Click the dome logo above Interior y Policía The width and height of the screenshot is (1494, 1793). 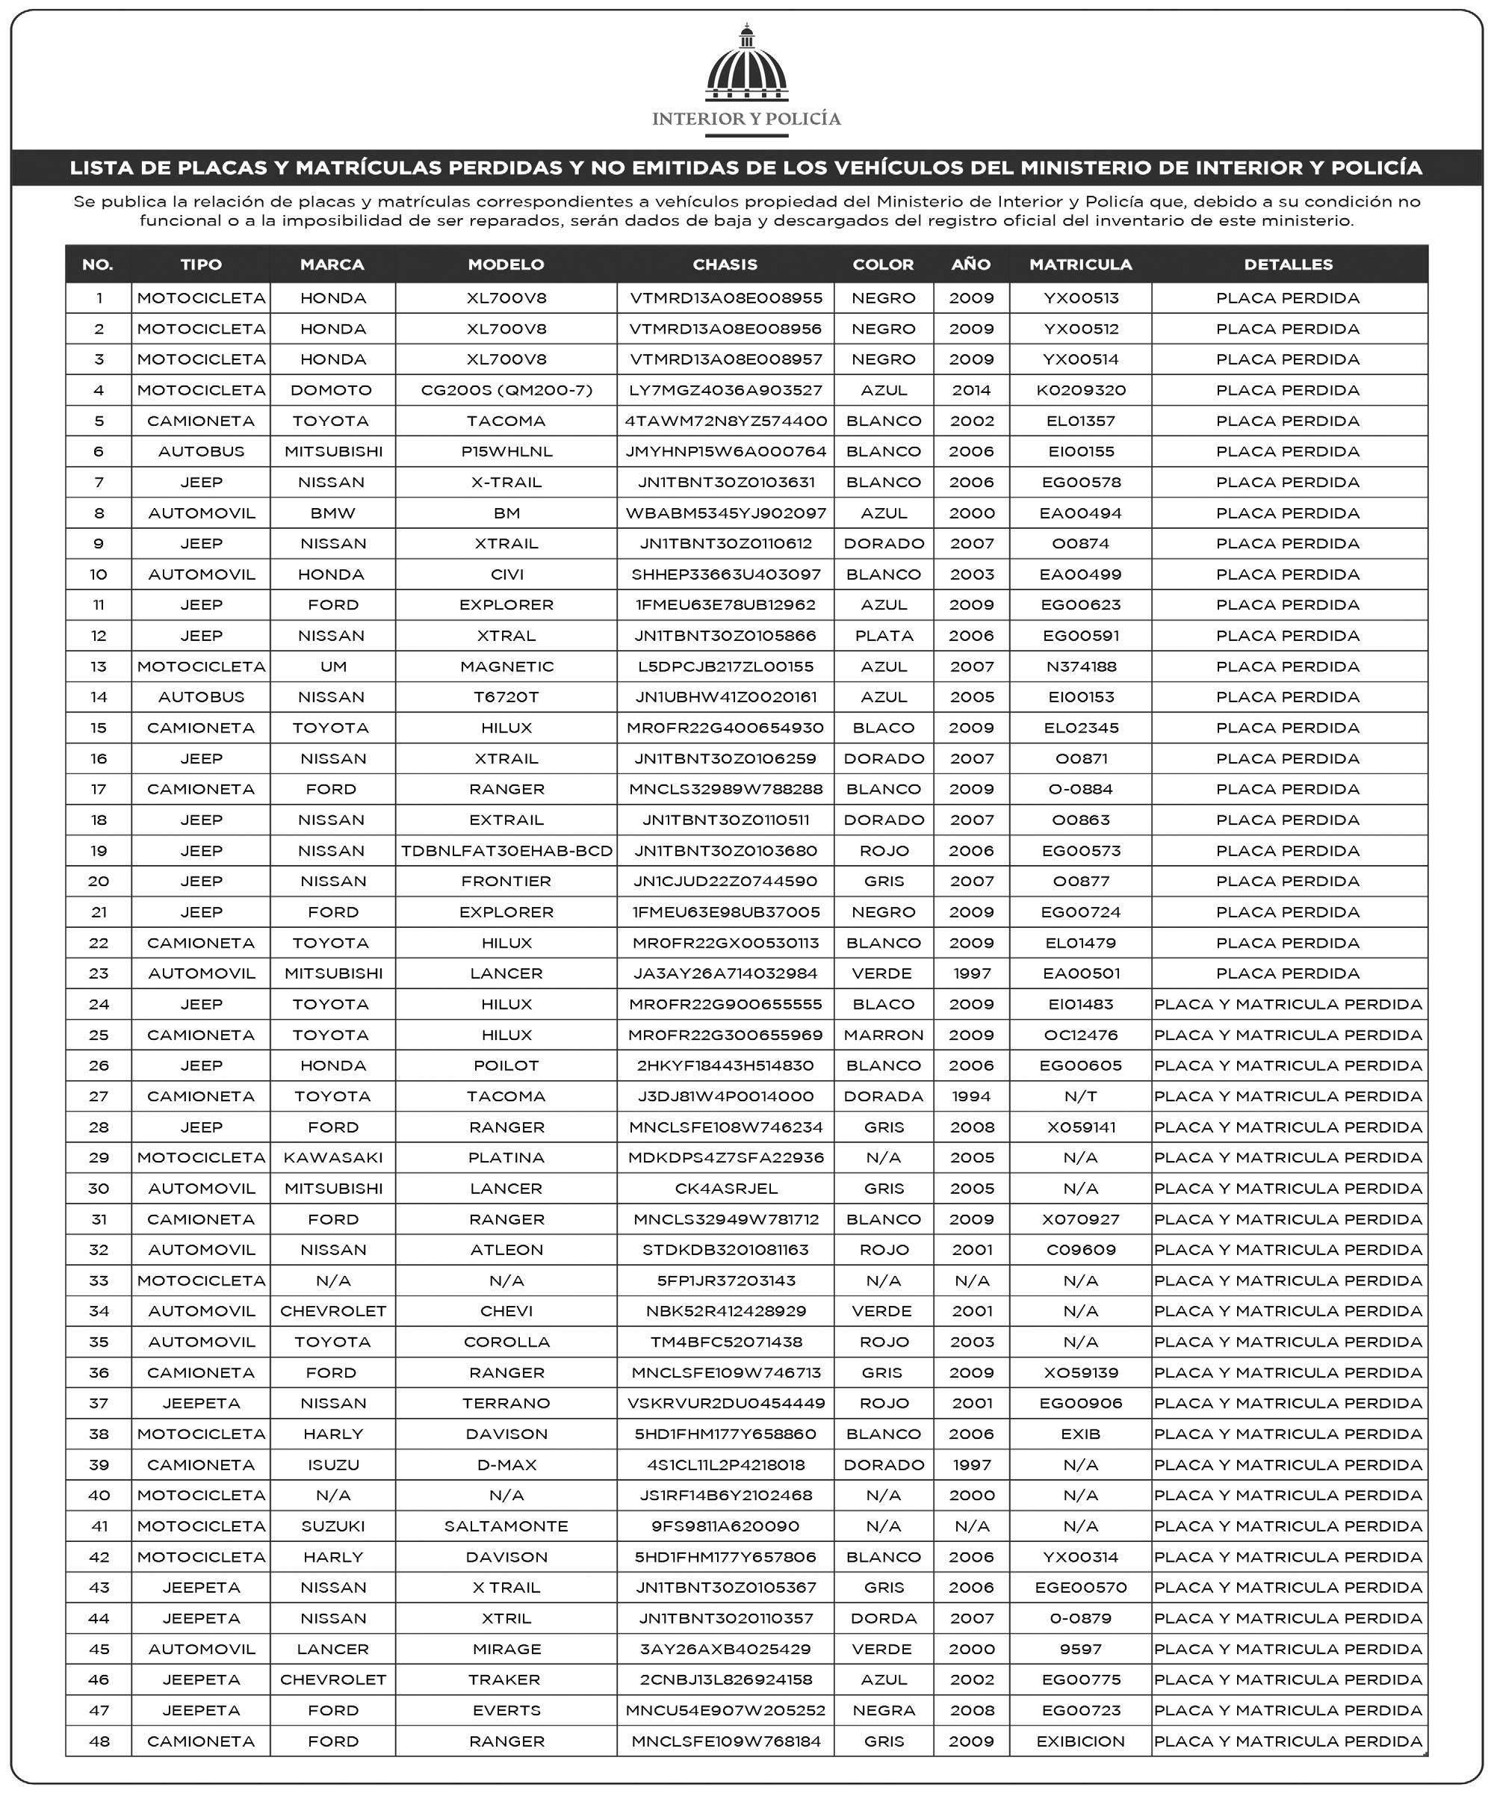[x=746, y=66]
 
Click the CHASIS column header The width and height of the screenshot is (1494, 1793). [x=725, y=264]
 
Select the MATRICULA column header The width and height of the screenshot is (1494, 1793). [x=1080, y=264]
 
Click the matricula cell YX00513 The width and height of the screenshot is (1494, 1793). [x=1080, y=298]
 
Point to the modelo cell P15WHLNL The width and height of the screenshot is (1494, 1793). [x=506, y=452]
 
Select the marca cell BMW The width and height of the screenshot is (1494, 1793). [x=332, y=513]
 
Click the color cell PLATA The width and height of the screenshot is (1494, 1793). [x=884, y=636]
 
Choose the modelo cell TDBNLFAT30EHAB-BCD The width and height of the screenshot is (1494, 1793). [x=506, y=851]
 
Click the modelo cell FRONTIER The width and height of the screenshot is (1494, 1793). [x=506, y=881]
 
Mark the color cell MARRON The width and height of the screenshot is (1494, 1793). [x=884, y=1035]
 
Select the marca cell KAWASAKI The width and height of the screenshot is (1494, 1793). [x=332, y=1158]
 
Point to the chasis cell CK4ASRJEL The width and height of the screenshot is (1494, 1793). [x=725, y=1189]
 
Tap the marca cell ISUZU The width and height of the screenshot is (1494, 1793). [x=332, y=1465]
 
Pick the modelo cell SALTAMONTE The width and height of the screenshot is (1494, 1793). [x=506, y=1526]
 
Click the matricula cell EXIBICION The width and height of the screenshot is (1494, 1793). [x=1080, y=1741]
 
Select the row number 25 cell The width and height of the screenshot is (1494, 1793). [x=99, y=1035]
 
